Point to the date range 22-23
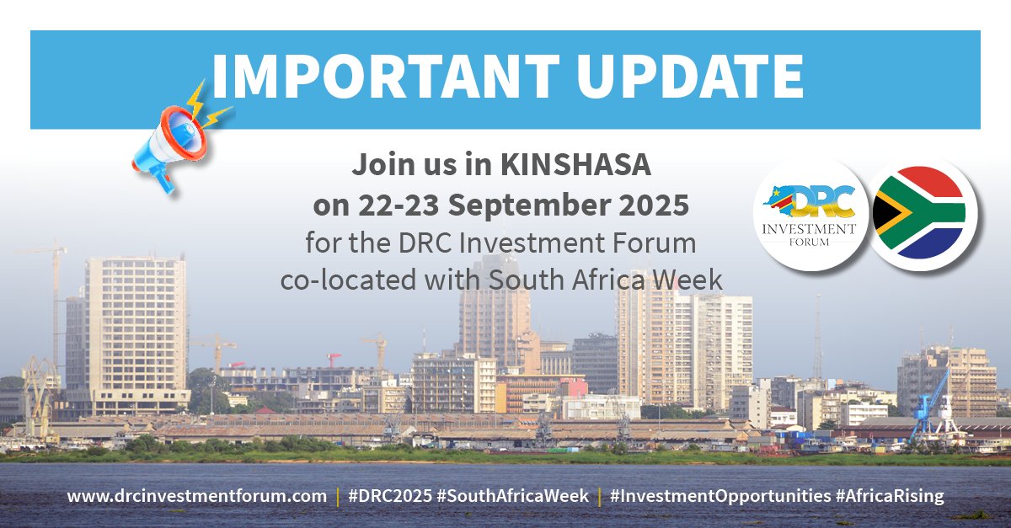click(x=391, y=205)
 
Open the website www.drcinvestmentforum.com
click(x=196, y=496)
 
